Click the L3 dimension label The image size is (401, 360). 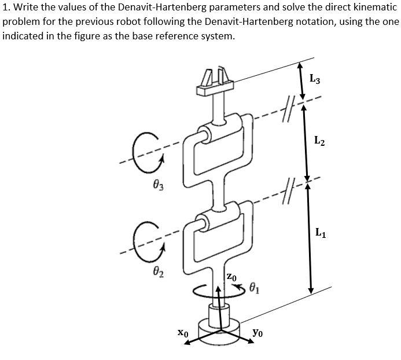(315, 79)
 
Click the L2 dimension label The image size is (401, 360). (319, 139)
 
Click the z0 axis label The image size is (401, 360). (231, 278)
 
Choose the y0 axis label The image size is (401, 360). (259, 333)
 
